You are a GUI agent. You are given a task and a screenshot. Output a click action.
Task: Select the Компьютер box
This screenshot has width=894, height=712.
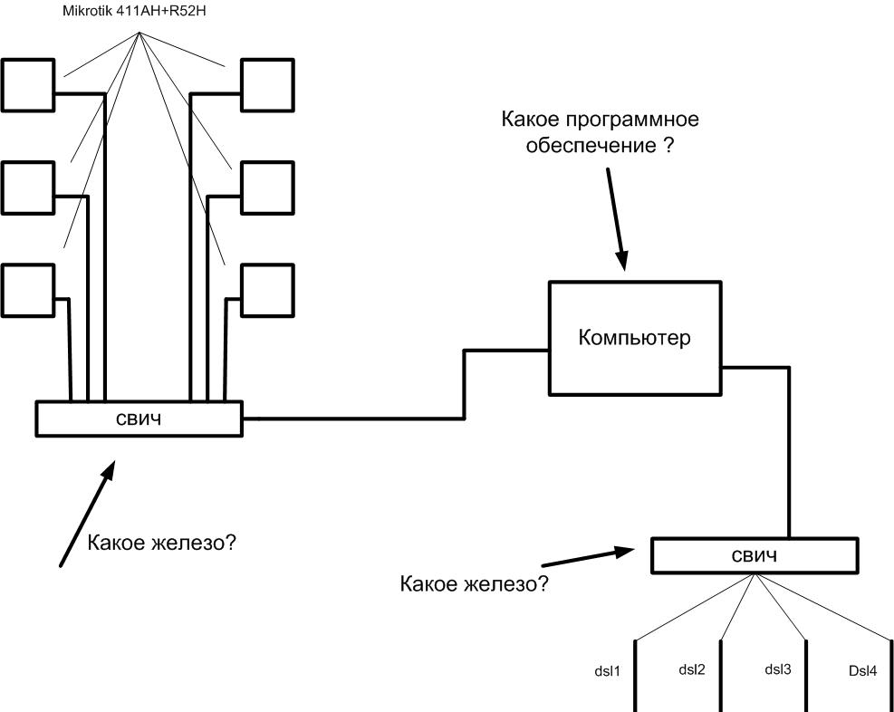click(x=634, y=339)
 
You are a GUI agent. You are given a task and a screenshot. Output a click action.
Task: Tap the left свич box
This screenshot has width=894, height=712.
click(x=139, y=419)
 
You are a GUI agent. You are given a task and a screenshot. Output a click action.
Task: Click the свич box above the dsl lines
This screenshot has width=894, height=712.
click(x=754, y=555)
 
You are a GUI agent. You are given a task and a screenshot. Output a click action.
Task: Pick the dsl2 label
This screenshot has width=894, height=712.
click(x=692, y=670)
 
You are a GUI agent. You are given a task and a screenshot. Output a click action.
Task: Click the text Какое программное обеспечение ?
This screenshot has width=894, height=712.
click(x=601, y=133)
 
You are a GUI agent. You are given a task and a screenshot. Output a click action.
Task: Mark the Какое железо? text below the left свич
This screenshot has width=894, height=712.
click(x=168, y=544)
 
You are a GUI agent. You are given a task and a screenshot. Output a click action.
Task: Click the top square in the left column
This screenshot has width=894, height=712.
click(x=27, y=84)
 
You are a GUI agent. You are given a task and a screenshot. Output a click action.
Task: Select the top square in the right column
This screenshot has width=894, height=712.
click(x=267, y=84)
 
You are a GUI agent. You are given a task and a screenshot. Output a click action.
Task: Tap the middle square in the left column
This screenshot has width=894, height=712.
click(x=27, y=187)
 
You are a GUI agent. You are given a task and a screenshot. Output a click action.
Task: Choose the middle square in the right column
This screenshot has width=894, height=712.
click(x=267, y=187)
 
